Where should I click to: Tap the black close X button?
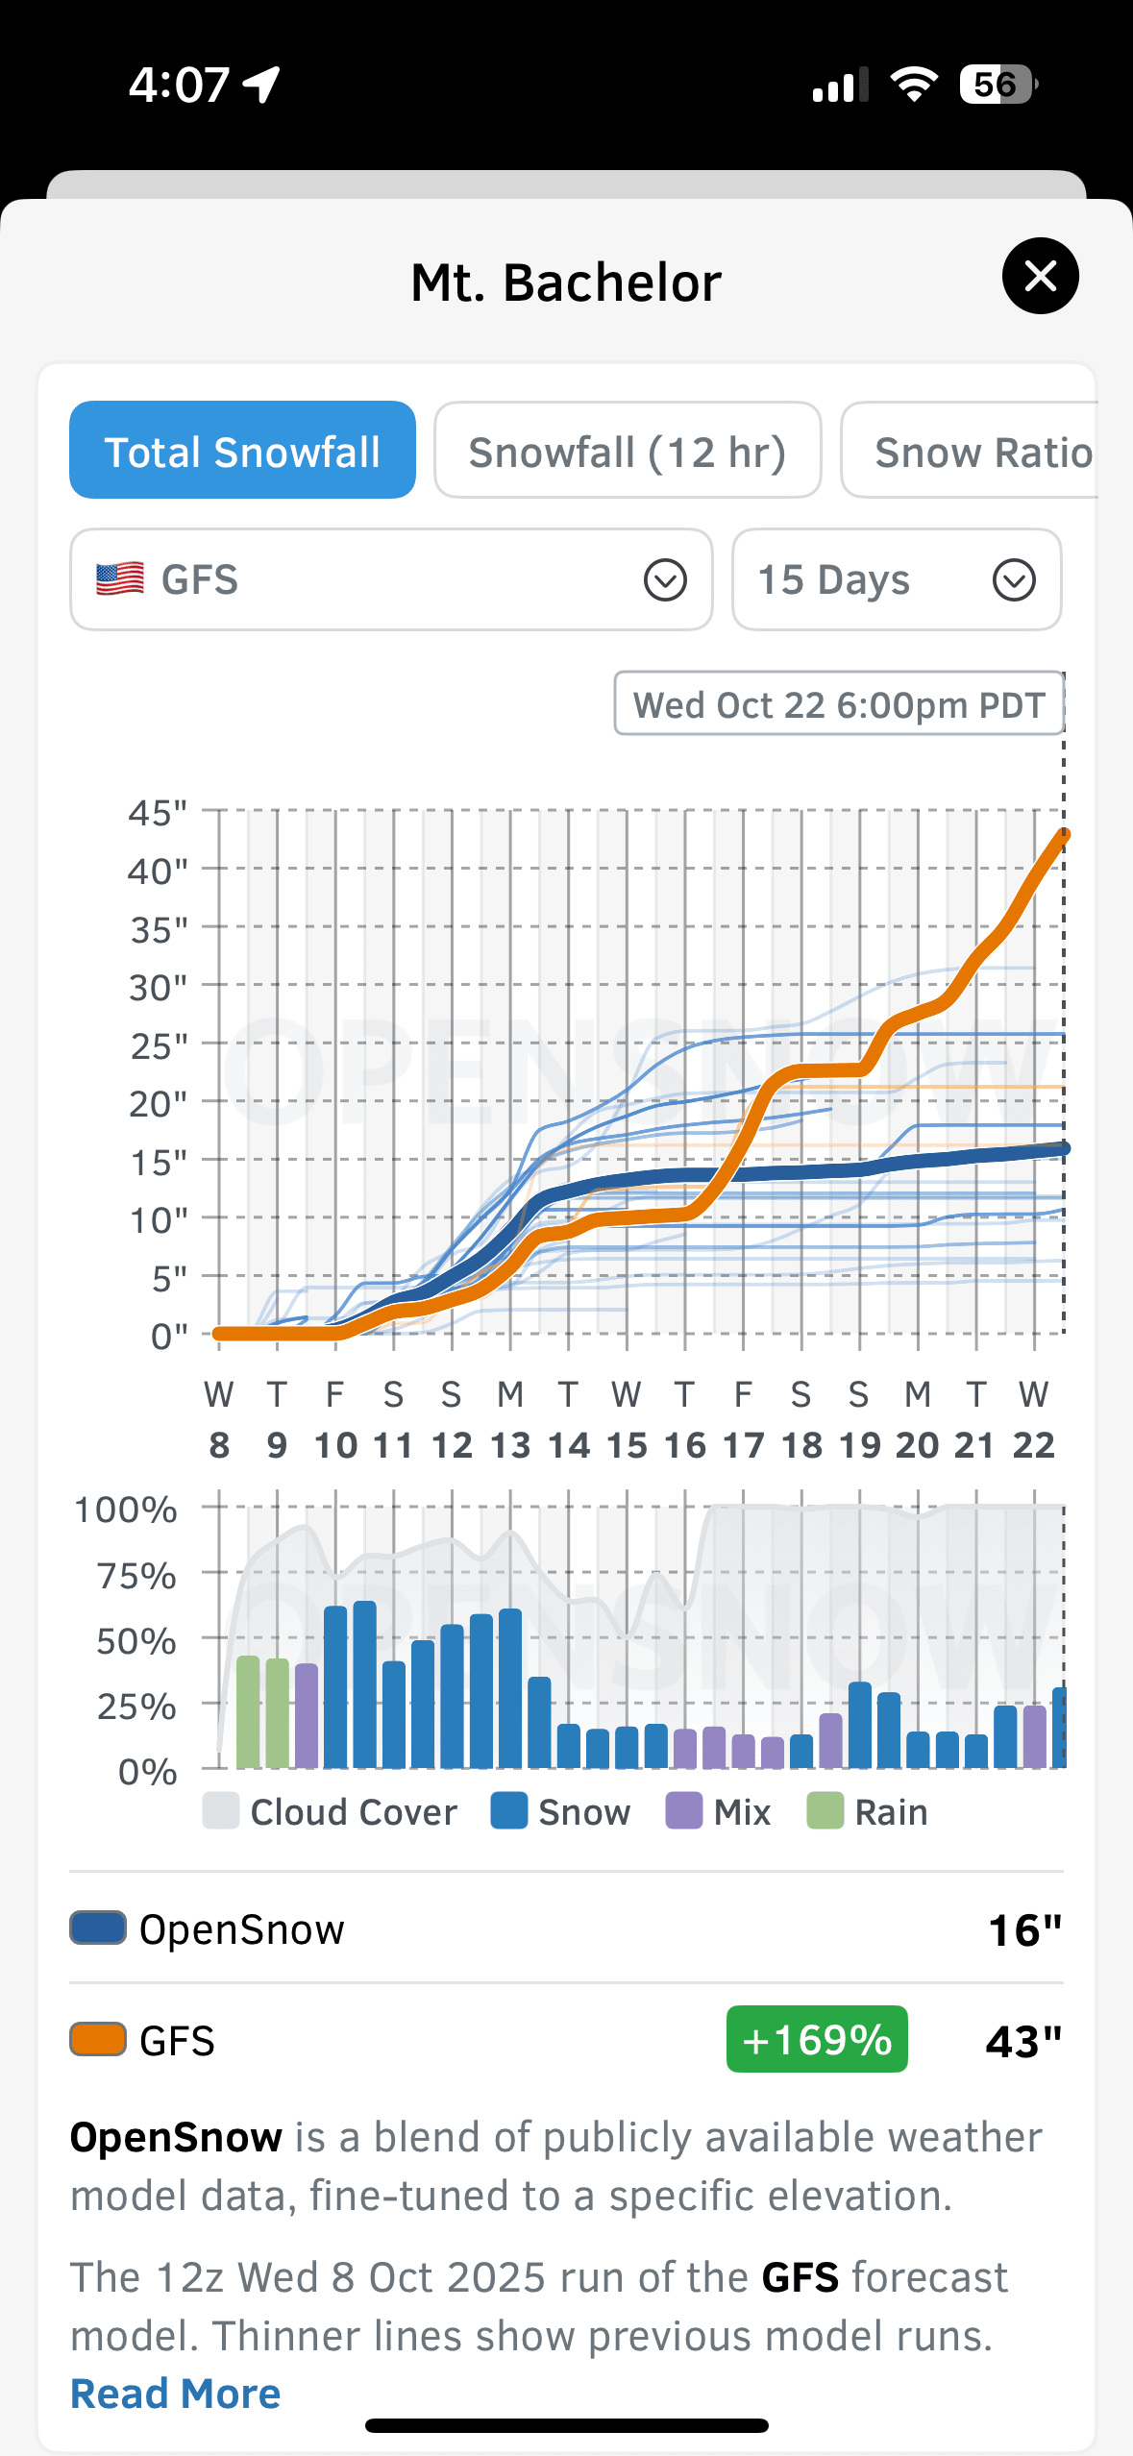[1040, 276]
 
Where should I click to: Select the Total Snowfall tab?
[242, 451]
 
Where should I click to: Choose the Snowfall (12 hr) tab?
[627, 451]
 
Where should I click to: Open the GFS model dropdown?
[391, 579]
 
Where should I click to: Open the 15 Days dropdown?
[896, 579]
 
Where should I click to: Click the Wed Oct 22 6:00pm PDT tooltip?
[838, 704]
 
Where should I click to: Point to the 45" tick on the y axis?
[158, 813]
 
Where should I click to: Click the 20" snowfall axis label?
[158, 1104]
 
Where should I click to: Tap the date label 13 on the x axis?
[509, 1445]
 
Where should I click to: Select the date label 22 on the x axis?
[1033, 1445]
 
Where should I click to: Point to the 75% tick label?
[136, 1576]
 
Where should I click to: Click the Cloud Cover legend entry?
[331, 1812]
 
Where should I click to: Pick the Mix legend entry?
[719, 1812]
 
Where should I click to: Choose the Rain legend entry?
[868, 1812]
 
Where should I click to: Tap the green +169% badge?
[817, 2039]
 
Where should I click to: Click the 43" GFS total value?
[1023, 2041]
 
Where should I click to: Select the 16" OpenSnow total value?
[1024, 1929]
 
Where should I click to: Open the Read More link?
[176, 2394]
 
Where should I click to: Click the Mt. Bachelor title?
[566, 282]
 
